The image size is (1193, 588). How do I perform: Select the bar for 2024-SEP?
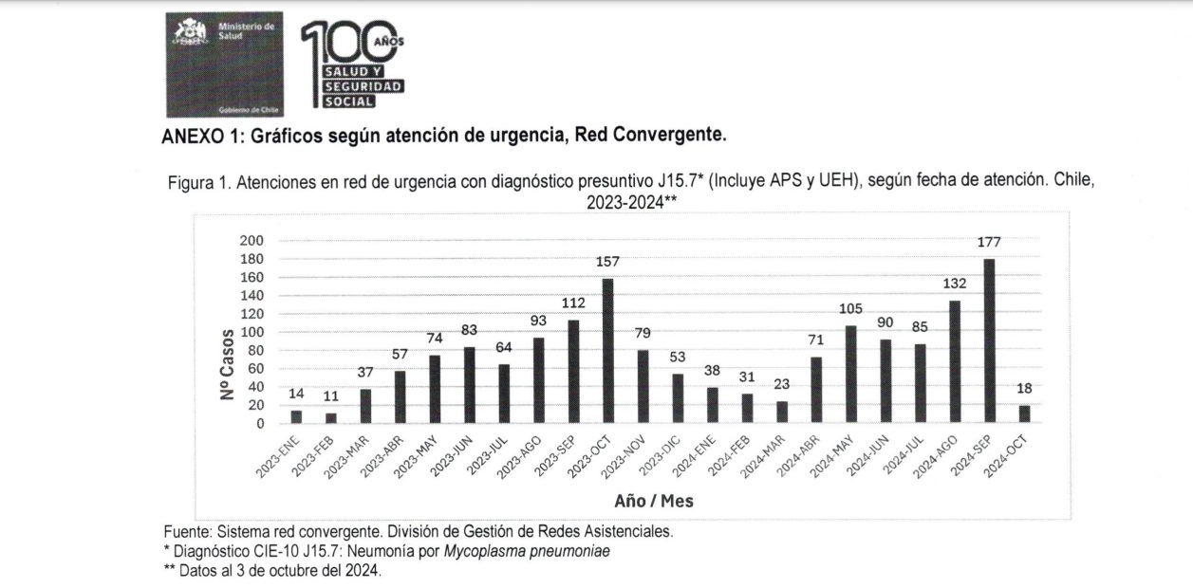point(989,341)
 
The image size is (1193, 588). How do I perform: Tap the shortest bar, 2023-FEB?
point(330,417)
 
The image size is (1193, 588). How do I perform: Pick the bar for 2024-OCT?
point(1024,413)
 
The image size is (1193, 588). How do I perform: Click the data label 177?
point(989,243)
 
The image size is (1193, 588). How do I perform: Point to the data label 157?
point(607,261)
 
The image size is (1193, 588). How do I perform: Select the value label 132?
point(954,284)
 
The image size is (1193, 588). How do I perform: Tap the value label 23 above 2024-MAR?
point(781,386)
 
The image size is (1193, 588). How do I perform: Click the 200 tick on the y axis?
point(252,241)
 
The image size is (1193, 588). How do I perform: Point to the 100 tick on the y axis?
point(252,332)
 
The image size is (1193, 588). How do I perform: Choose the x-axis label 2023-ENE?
point(276,456)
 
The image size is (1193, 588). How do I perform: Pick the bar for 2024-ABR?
point(816,390)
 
